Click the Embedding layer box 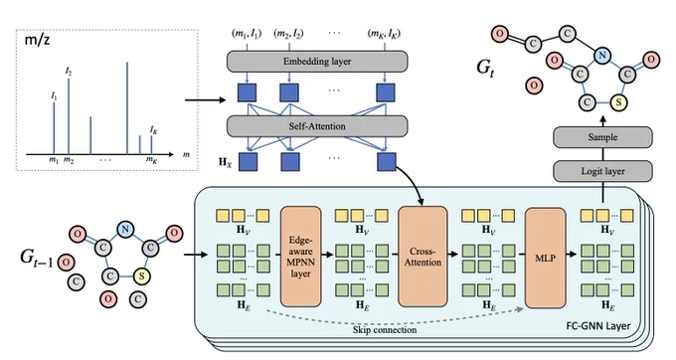tap(317, 62)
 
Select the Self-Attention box tap(317, 126)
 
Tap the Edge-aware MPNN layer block tap(300, 257)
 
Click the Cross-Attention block tap(422, 257)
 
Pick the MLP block tap(545, 258)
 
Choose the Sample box tap(602, 137)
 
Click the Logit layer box tap(602, 171)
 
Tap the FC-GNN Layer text tap(598, 326)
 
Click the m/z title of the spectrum tap(37, 41)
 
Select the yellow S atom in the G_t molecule tap(618, 102)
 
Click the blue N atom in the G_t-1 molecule tap(125, 229)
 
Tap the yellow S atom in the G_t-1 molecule tap(141, 275)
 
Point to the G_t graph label tap(485, 68)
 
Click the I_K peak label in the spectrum tap(153, 129)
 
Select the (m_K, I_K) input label tap(384, 34)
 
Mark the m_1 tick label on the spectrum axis tap(54, 160)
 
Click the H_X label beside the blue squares tap(225, 162)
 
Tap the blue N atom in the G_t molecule tap(601, 55)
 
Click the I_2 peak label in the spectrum tap(69, 72)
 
